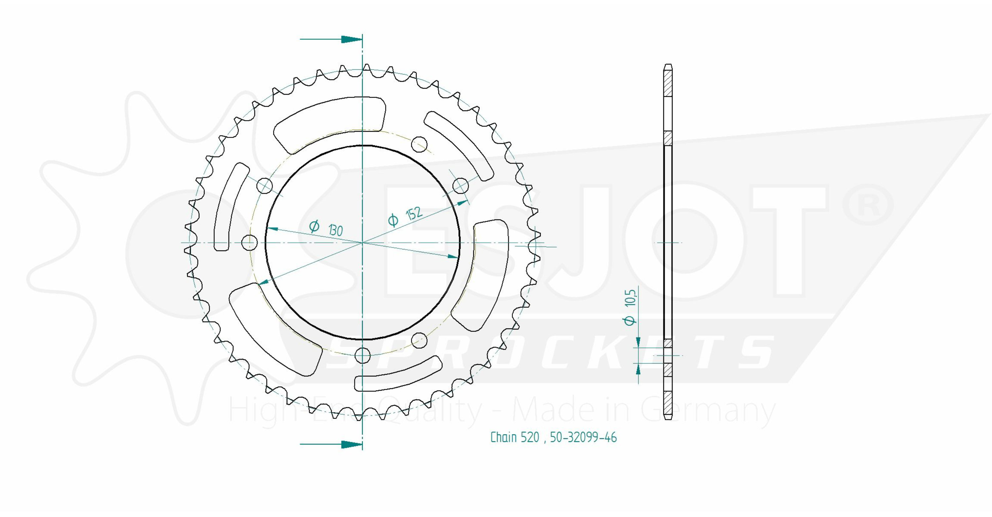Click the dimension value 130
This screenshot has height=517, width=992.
335,230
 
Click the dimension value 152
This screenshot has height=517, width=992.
414,213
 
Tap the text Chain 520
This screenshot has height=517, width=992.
515,437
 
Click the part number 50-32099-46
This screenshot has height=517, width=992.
583,437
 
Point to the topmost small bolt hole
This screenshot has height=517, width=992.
419,145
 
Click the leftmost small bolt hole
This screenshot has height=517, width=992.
250,242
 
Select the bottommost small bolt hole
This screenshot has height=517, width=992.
363,355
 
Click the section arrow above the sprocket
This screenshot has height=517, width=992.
331,39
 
